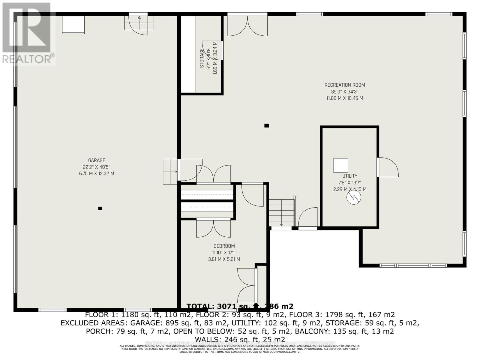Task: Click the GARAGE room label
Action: [x=97, y=160]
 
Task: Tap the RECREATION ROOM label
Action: [x=345, y=85]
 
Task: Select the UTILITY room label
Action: [x=350, y=176]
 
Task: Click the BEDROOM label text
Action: [x=224, y=246]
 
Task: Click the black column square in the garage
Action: [x=100, y=208]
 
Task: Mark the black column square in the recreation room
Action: [x=266, y=126]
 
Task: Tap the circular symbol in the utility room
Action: [x=354, y=197]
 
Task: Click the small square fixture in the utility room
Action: [x=340, y=165]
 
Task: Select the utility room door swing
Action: [x=388, y=167]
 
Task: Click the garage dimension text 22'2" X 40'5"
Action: [x=97, y=167]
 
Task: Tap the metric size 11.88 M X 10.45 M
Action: [x=345, y=98]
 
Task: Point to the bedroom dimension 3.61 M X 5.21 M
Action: [x=224, y=259]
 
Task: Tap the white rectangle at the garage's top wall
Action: [x=73, y=25]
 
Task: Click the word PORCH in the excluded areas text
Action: [x=96, y=331]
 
